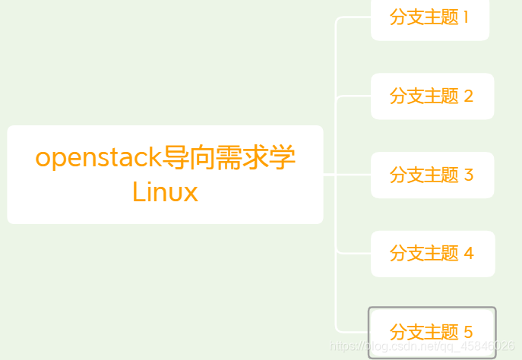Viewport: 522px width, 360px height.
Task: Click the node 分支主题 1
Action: (x=429, y=17)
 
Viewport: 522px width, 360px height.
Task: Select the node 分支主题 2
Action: (x=432, y=96)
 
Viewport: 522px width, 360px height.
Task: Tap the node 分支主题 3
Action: (x=432, y=175)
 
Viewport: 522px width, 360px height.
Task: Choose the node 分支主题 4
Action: (x=432, y=254)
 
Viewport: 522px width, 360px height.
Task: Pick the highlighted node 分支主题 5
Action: (x=432, y=333)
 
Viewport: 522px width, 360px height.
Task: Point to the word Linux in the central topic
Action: (x=165, y=191)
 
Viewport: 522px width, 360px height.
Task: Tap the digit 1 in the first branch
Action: (x=466, y=17)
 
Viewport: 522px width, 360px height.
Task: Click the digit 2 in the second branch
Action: (x=468, y=96)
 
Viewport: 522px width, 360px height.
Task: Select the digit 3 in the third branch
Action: (x=468, y=175)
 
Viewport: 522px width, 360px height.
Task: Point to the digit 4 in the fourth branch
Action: (x=468, y=254)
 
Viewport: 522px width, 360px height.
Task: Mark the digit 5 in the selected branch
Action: (x=468, y=333)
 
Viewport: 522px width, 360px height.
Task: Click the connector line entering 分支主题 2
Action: (x=353, y=96)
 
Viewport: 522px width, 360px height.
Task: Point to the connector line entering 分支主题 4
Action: (x=353, y=254)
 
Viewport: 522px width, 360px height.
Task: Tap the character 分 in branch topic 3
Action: (x=398, y=175)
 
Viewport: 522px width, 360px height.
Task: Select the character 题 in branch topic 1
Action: (x=451, y=17)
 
